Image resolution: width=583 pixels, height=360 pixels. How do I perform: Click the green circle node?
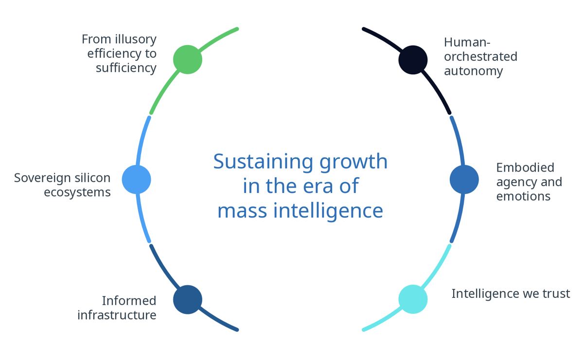click(188, 59)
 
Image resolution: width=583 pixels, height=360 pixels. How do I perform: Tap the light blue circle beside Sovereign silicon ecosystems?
click(137, 179)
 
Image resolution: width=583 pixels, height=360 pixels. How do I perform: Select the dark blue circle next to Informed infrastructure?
click(188, 299)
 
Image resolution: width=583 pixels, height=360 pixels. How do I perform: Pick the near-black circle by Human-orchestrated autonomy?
click(413, 60)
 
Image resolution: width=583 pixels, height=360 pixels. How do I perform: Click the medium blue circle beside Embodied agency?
click(464, 179)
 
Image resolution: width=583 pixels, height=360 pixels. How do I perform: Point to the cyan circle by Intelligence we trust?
click(413, 299)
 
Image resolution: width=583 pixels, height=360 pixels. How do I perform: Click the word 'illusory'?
click(133, 39)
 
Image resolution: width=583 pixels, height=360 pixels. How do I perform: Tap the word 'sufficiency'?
click(126, 68)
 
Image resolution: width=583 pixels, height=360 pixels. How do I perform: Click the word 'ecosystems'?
click(77, 192)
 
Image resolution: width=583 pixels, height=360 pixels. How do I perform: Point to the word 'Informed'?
click(129, 301)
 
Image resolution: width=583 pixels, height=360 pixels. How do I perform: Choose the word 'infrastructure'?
click(117, 315)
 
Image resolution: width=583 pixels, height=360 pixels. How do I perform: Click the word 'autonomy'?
click(473, 71)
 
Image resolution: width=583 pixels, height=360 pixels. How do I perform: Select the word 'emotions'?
click(523, 196)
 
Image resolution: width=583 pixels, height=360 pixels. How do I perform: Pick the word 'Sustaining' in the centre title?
click(264, 162)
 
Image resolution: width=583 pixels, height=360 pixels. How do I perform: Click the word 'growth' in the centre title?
click(353, 162)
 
